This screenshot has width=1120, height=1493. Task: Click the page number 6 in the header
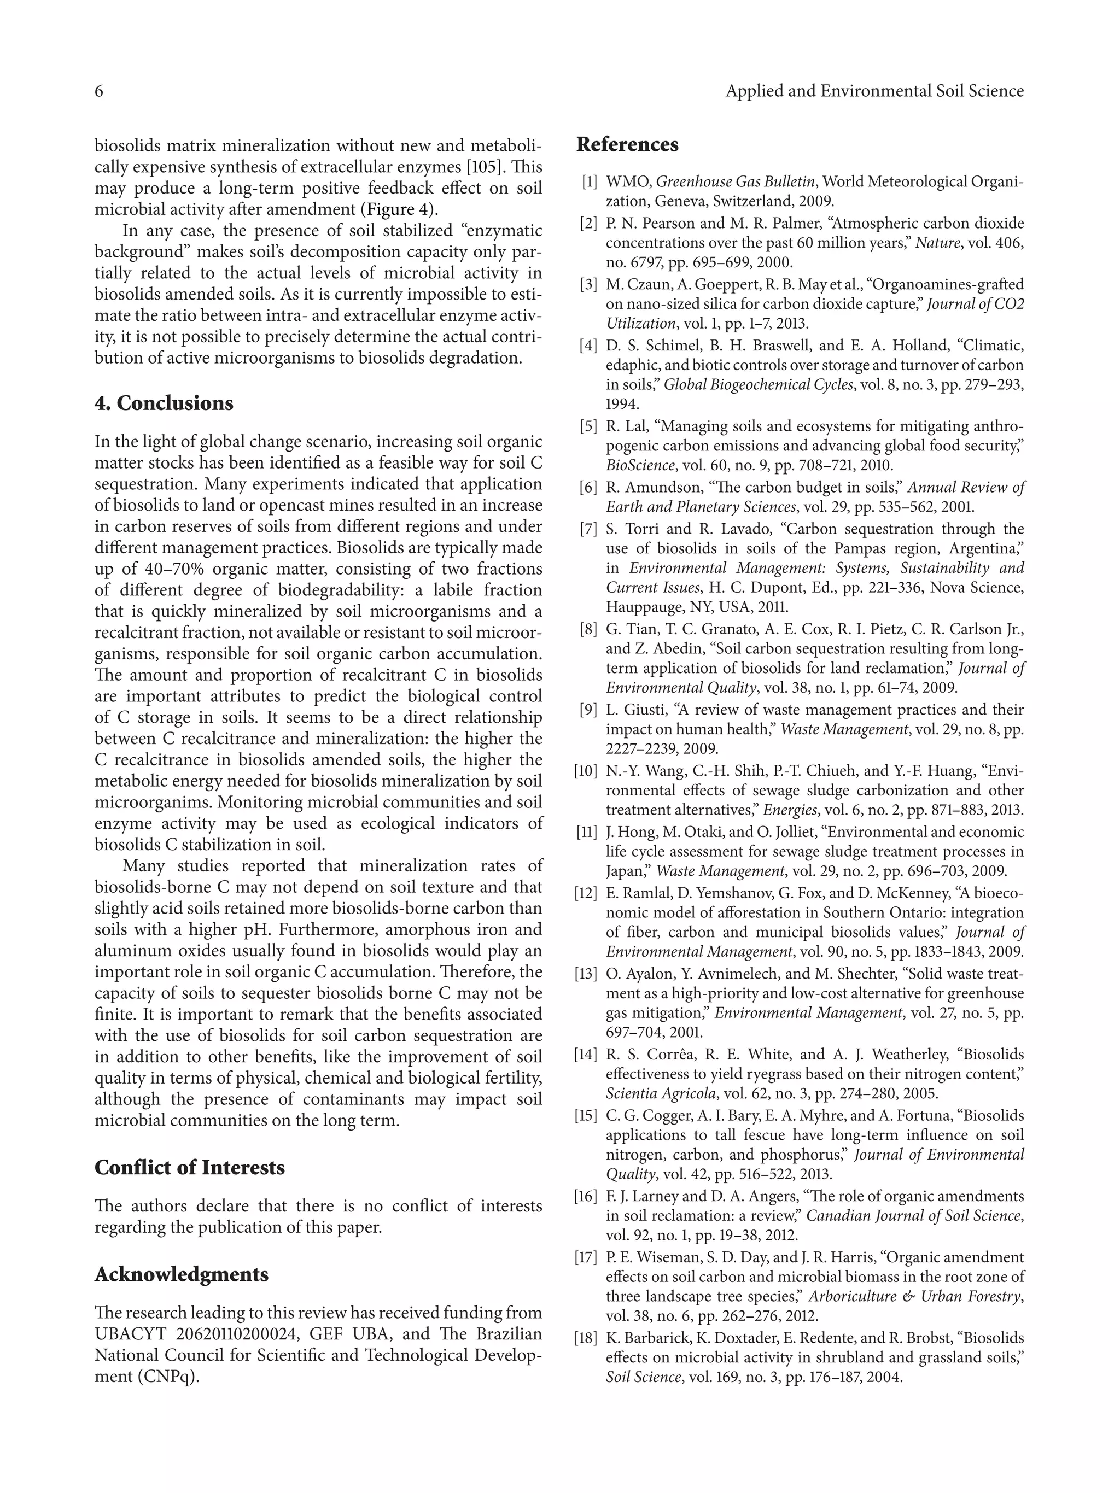pos(98,91)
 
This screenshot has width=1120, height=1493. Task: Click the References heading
pos(627,144)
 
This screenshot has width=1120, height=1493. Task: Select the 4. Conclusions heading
pos(164,403)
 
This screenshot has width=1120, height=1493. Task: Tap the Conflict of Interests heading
pos(190,1167)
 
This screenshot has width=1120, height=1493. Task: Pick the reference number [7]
pos(588,529)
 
